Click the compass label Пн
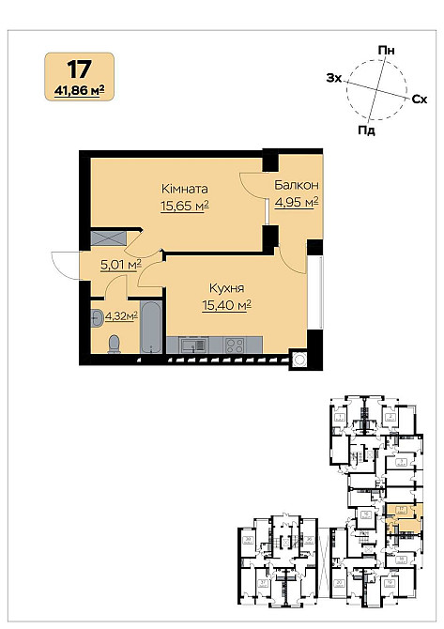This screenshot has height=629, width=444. (386, 49)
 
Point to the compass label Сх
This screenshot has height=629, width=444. (420, 98)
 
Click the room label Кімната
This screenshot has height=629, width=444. (184, 189)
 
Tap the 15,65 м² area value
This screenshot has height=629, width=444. (184, 207)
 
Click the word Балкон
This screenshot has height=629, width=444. (297, 185)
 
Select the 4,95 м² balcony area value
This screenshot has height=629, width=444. (297, 201)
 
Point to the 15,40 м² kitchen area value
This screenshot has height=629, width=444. (226, 305)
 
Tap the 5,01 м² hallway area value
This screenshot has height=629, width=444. (120, 266)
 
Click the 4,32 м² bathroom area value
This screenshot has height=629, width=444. (121, 316)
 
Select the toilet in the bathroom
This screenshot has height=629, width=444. (114, 343)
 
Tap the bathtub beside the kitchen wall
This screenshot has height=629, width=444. (150, 330)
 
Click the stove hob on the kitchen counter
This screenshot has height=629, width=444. (233, 344)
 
